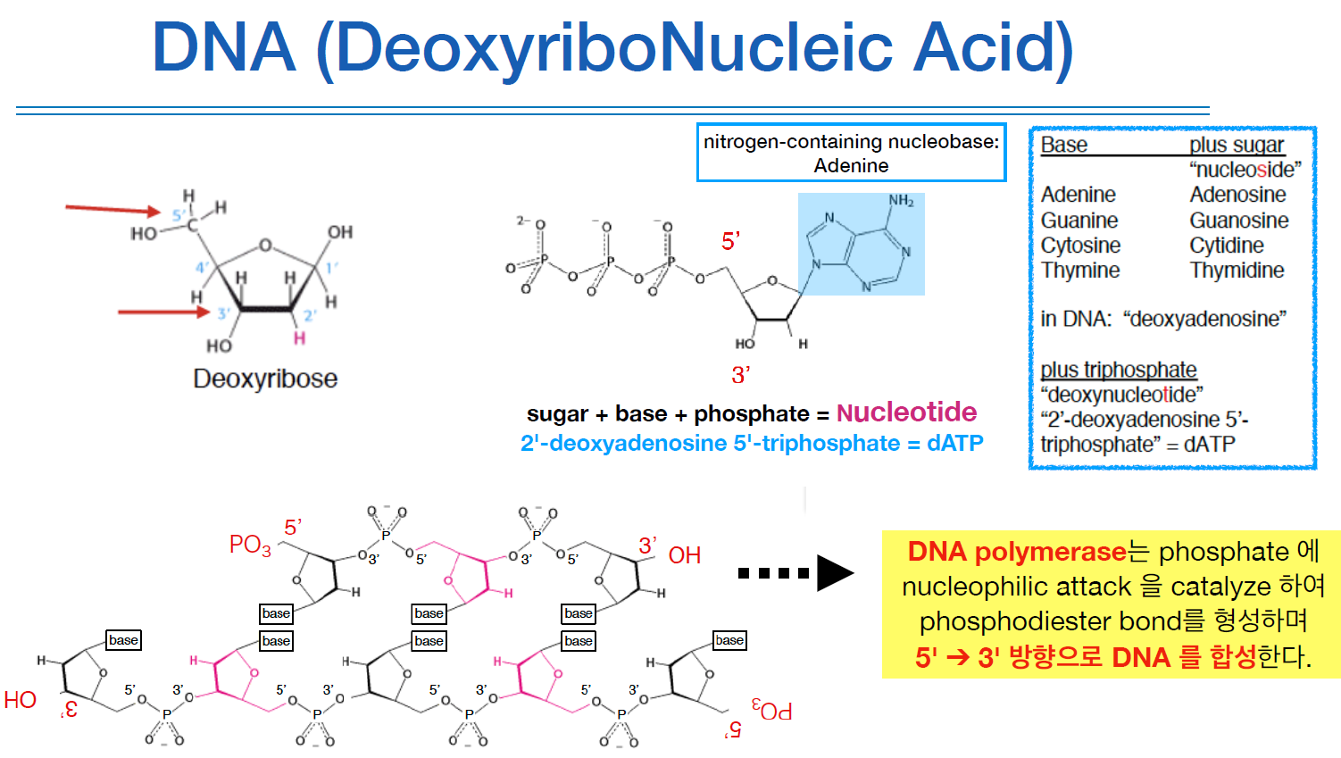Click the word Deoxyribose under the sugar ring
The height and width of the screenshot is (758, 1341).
tap(265, 379)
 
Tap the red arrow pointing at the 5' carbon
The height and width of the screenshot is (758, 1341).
tap(112, 210)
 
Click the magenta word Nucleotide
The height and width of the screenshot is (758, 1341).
tap(906, 412)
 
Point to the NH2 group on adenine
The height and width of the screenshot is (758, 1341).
tap(901, 201)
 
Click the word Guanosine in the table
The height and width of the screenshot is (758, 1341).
tap(1238, 221)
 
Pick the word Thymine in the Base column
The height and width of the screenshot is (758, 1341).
tap(1079, 271)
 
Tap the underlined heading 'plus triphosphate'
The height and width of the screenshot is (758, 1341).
tap(1118, 370)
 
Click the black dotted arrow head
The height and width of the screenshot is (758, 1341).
tap(834, 573)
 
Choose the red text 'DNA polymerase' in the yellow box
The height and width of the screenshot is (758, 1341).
tap(1016, 552)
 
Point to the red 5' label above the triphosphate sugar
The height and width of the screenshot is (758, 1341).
tap(730, 241)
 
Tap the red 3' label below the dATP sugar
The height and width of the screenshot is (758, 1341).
tap(740, 375)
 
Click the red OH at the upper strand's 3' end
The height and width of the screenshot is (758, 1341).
tap(684, 555)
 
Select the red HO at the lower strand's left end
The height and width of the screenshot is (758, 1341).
tap(20, 700)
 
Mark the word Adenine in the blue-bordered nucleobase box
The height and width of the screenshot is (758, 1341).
tap(851, 166)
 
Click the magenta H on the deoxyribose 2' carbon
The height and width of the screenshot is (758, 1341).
tap(299, 338)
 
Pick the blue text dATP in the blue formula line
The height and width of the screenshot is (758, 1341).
tap(954, 444)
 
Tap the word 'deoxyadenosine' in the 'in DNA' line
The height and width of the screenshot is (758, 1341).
tap(1205, 319)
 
